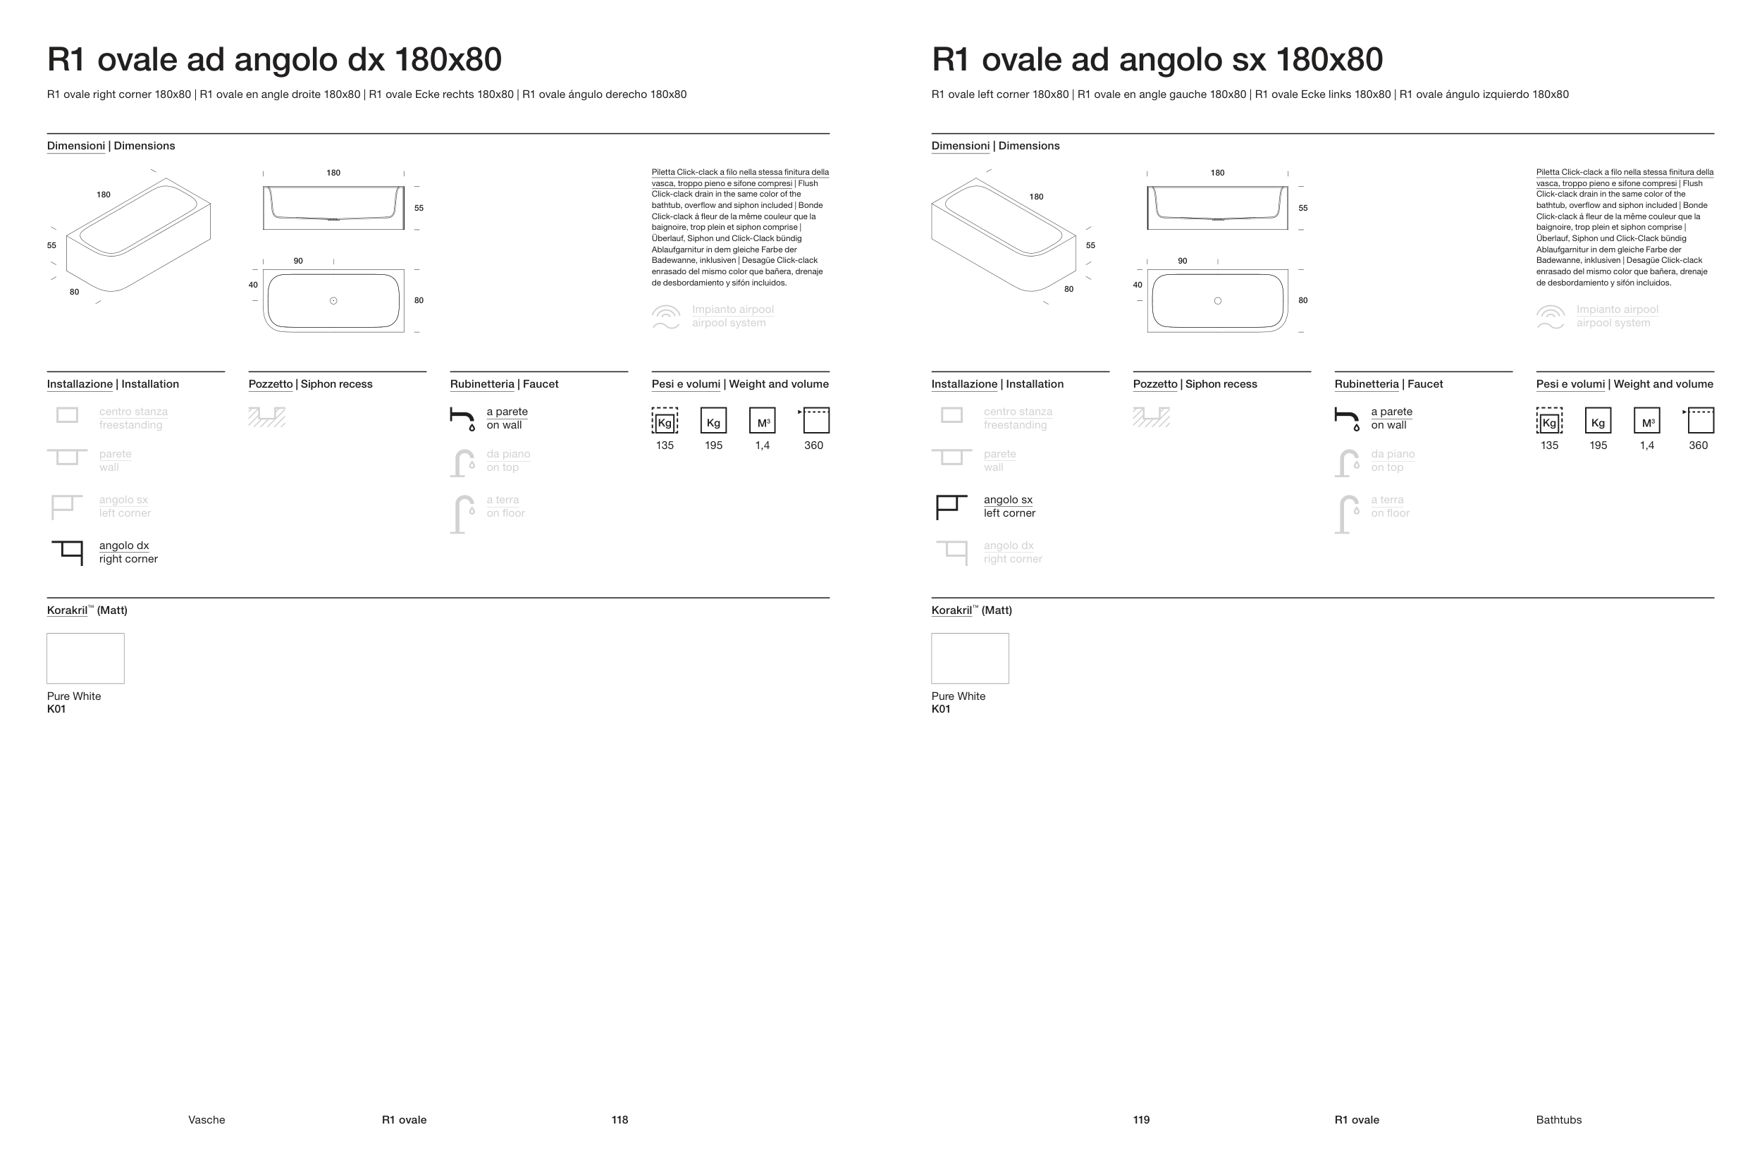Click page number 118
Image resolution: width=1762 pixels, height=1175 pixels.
(619, 1119)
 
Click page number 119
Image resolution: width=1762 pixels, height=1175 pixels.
(1141, 1119)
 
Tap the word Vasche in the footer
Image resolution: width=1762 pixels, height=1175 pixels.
(206, 1119)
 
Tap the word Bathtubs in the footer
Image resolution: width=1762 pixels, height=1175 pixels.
(1558, 1119)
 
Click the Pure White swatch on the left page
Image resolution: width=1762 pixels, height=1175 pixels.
(85, 658)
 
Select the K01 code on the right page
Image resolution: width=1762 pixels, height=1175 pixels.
(940, 709)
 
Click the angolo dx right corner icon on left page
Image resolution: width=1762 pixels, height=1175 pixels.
(68, 553)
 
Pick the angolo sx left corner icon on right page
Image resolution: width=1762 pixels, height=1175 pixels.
(951, 507)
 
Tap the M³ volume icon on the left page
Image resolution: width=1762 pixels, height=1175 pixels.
(762, 420)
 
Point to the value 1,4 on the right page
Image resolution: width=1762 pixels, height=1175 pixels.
(1646, 445)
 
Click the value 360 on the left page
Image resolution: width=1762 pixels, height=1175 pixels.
(813, 445)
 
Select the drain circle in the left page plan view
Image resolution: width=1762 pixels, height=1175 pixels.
(333, 300)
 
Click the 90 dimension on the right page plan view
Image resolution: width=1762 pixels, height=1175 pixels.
(1182, 261)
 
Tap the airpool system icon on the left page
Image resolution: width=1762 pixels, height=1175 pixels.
(665, 316)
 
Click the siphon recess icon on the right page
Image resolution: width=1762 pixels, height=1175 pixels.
(1152, 417)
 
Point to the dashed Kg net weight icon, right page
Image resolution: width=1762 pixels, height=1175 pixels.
(1549, 420)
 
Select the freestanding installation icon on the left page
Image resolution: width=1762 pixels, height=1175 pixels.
(68, 415)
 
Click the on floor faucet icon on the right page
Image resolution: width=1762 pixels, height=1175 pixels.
(1346, 514)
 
